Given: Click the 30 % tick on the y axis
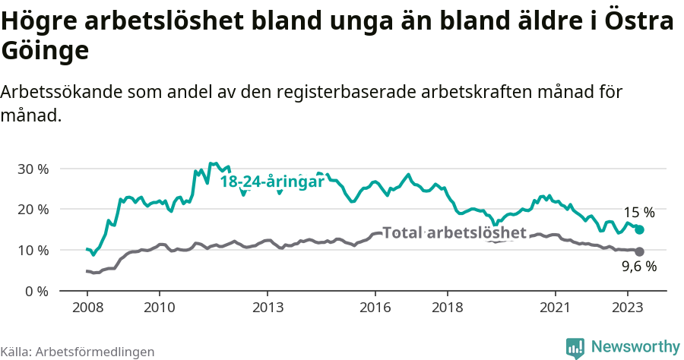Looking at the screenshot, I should click(x=33, y=169).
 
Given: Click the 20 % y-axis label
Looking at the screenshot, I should click(x=33, y=210).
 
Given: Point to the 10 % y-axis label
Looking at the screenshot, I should click(x=33, y=251).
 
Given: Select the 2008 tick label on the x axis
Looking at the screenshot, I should click(x=87, y=308).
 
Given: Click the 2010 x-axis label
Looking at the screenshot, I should click(x=160, y=308).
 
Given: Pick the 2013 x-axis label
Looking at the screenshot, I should click(x=268, y=308).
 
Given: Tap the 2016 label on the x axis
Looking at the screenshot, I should click(x=375, y=308).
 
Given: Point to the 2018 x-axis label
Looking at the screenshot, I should click(x=448, y=308).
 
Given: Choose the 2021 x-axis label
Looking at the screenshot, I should click(x=556, y=308).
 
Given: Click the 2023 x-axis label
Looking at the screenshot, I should click(x=628, y=308).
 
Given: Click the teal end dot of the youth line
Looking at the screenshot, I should click(x=640, y=229).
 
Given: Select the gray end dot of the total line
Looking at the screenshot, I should click(x=640, y=251).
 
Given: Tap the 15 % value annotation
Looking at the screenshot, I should click(x=639, y=213).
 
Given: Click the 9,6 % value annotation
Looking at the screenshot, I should click(x=639, y=267).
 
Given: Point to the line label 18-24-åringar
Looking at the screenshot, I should click(x=272, y=182).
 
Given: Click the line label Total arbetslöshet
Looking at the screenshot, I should click(x=454, y=232).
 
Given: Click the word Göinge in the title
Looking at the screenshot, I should click(x=46, y=51).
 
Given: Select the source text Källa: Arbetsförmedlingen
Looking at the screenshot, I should click(x=78, y=352).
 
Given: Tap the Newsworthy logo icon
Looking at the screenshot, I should click(x=575, y=347).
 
